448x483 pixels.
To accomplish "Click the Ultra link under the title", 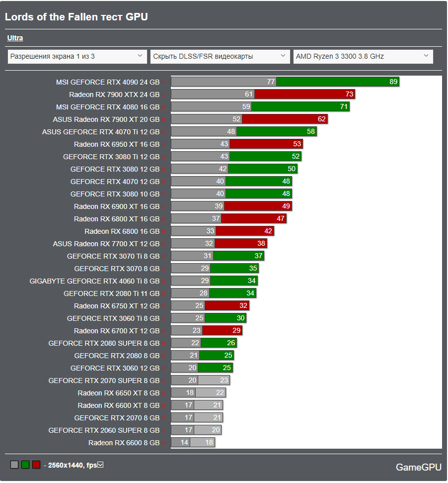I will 15,38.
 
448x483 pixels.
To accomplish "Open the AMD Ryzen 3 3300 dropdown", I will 363,56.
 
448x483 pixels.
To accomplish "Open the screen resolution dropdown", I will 77,56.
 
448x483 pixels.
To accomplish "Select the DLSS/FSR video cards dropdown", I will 220,56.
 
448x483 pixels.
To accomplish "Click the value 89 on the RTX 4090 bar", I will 393,82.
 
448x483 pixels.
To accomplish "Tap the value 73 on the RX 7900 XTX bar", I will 349,95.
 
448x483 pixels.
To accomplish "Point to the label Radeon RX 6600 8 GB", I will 124,443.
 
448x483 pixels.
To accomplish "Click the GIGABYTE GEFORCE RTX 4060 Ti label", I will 94,281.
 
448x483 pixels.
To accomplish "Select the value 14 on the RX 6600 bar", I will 185,443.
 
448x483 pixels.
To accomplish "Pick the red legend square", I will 36,465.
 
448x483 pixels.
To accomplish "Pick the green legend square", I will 25,465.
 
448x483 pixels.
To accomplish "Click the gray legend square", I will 14,465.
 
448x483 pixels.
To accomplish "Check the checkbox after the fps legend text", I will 100,465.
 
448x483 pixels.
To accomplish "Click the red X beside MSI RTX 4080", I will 164,107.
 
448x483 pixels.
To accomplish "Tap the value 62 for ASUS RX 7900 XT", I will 322,119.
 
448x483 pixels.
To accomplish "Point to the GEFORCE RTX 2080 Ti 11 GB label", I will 111,293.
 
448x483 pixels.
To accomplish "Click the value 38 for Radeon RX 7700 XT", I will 261,244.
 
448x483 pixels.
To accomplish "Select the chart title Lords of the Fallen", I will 76,17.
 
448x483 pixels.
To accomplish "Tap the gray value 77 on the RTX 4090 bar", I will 271,82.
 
